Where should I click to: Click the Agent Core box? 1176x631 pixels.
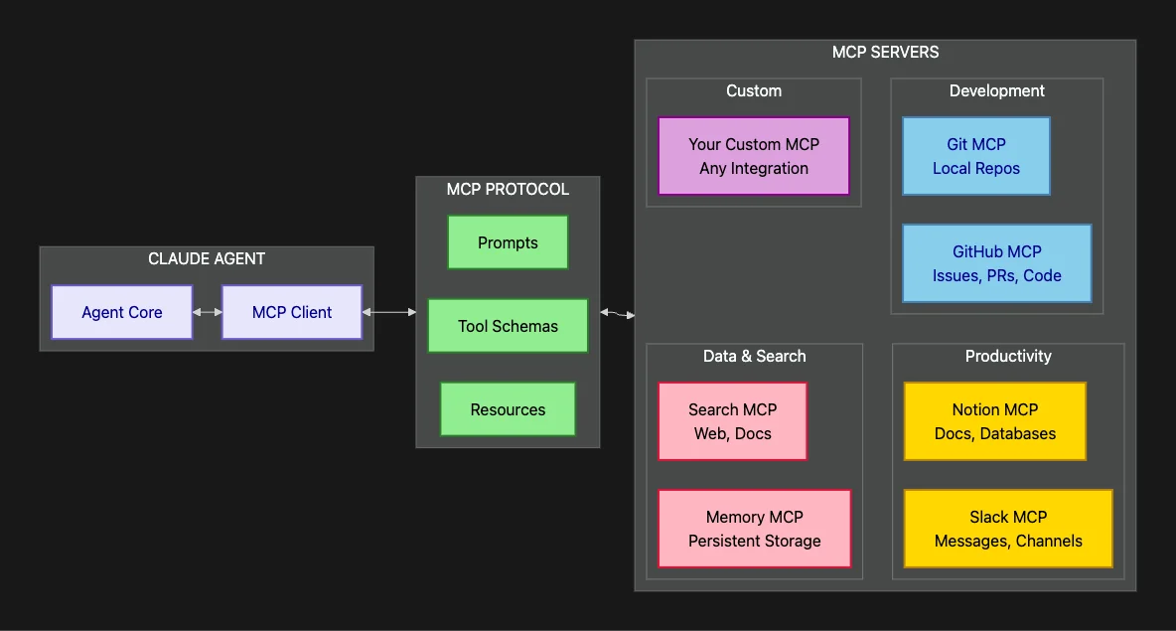121,312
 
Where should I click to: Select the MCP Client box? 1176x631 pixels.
291,312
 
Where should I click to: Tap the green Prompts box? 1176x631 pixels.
508,242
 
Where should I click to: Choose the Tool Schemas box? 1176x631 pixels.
508,326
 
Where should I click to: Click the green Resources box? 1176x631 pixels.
508,409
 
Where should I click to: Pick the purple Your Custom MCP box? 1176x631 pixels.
754,156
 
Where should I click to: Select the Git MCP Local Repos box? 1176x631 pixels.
975,156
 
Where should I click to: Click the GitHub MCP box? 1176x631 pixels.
996,263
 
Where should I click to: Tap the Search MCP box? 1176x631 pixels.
732,421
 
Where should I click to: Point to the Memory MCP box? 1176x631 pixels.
754,529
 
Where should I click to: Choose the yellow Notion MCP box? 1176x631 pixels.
994,421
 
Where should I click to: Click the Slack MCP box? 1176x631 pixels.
1008,529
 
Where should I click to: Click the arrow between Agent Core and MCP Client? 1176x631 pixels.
207,312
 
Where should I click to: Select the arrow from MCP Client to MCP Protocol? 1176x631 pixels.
389,312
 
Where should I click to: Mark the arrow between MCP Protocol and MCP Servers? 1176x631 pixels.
617,314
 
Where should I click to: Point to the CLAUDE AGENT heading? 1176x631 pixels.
207,258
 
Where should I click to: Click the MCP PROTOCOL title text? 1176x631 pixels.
508,189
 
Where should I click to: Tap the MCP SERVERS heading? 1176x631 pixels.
885,52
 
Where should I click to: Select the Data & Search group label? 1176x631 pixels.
754,356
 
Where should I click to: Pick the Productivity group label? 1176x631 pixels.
1008,356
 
